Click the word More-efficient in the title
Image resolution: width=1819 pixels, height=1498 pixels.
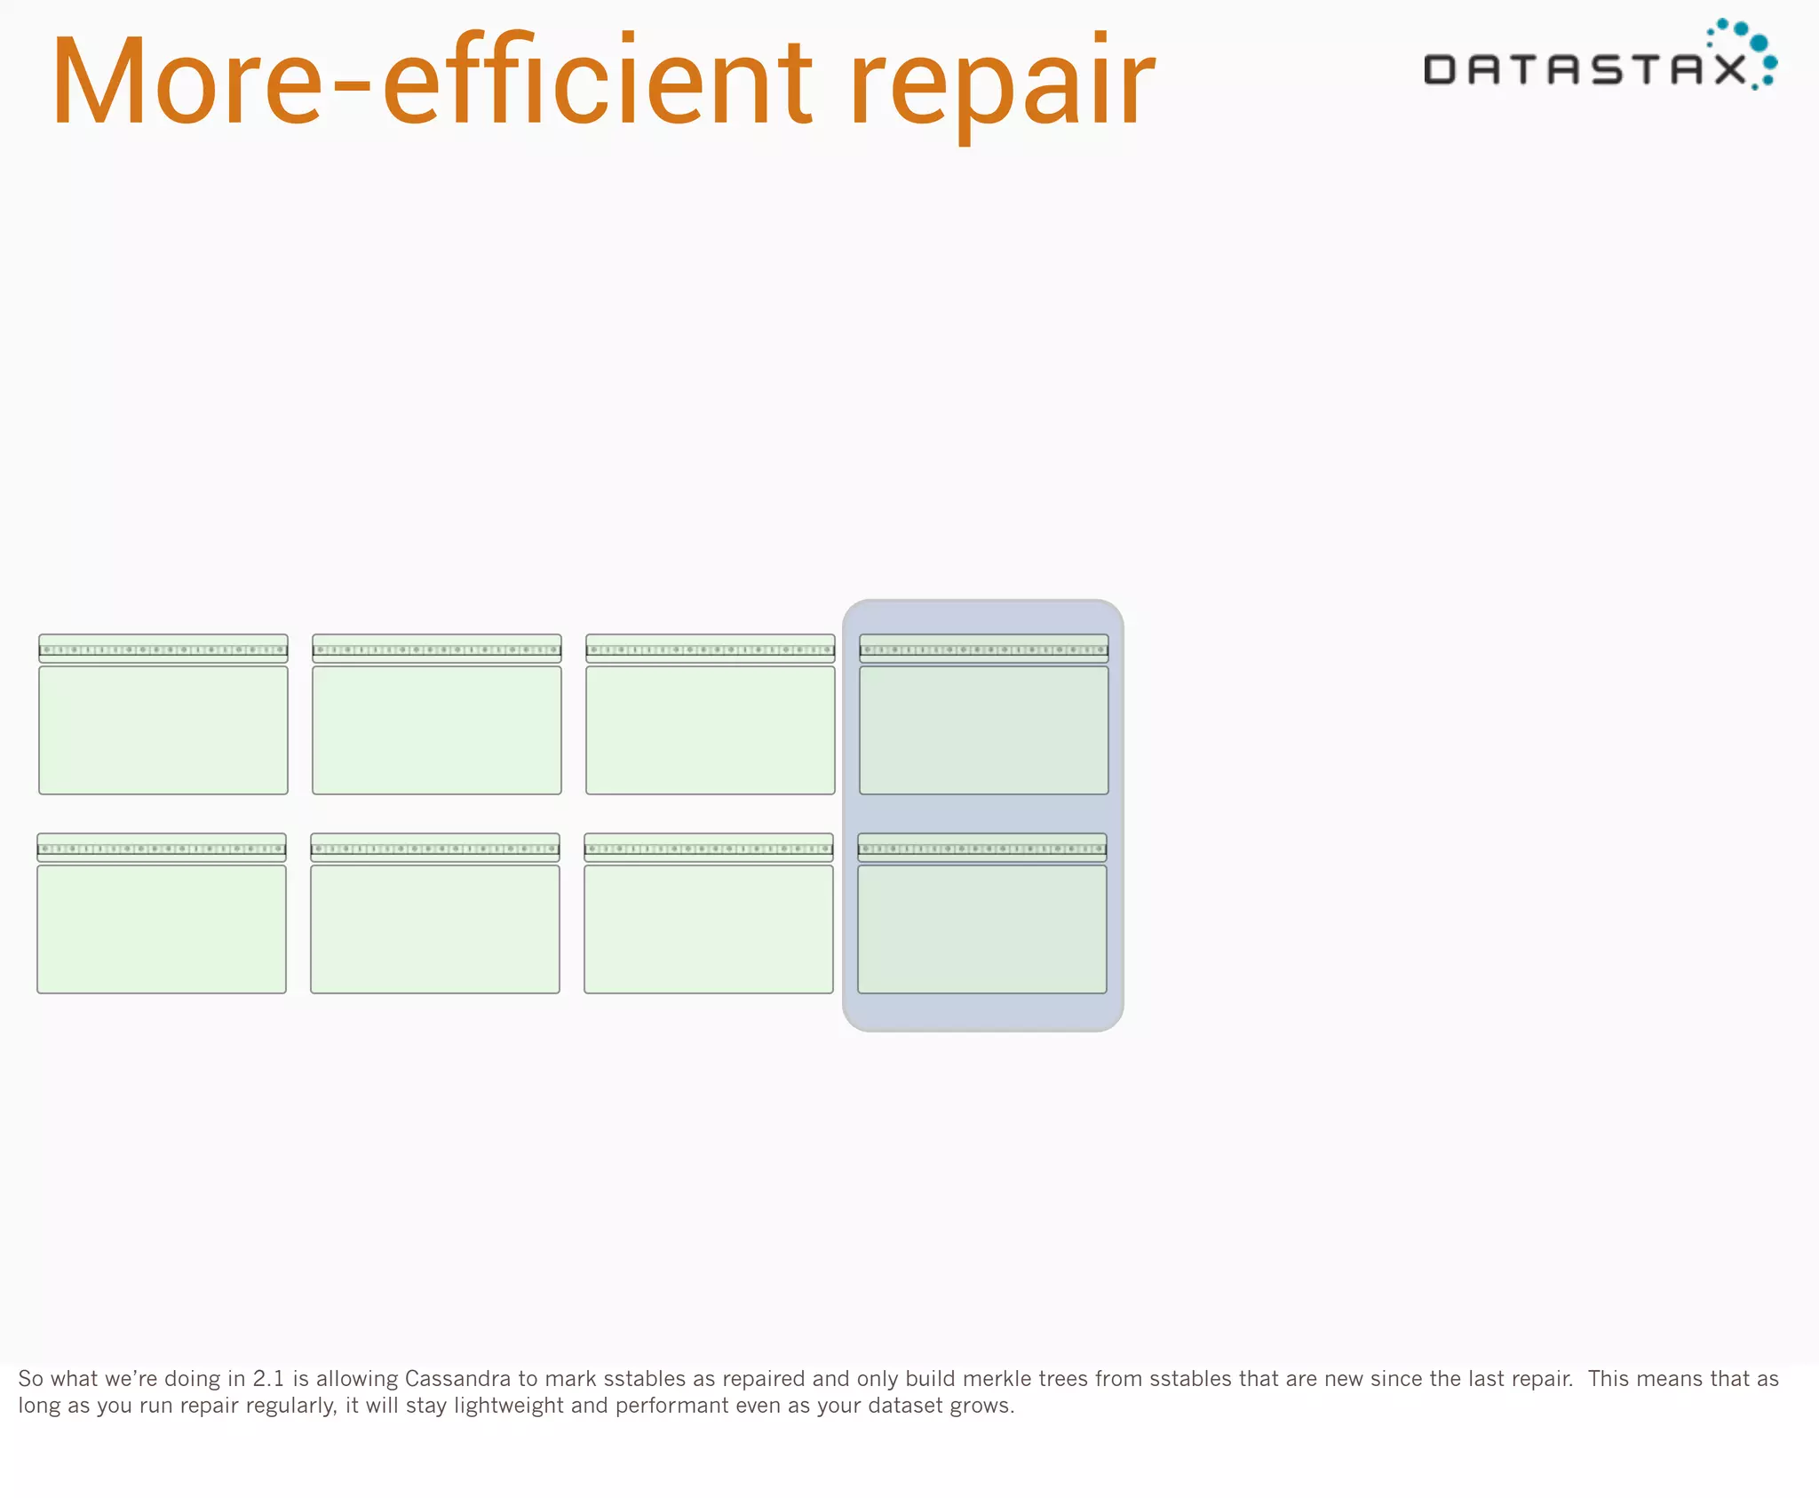coord(431,82)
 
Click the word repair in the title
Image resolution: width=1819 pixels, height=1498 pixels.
coord(1001,84)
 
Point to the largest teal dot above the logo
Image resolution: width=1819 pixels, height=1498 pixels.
coord(1759,43)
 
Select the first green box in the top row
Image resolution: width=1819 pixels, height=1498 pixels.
coord(163,729)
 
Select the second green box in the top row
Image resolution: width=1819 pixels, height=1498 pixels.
coord(437,729)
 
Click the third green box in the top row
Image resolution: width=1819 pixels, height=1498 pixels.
coord(711,729)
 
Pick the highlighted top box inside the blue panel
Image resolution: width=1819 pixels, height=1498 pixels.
coord(984,729)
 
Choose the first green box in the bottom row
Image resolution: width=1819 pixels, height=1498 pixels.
coord(162,928)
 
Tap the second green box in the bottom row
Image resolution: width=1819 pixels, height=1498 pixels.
coord(435,928)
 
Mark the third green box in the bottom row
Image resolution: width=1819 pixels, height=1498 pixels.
coord(709,928)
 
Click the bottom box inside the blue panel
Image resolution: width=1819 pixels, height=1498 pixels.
coord(982,928)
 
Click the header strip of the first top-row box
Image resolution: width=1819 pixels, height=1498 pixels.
coord(163,649)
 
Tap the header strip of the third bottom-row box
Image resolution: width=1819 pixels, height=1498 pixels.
coord(709,848)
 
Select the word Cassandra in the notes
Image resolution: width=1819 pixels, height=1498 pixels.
coord(457,1379)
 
